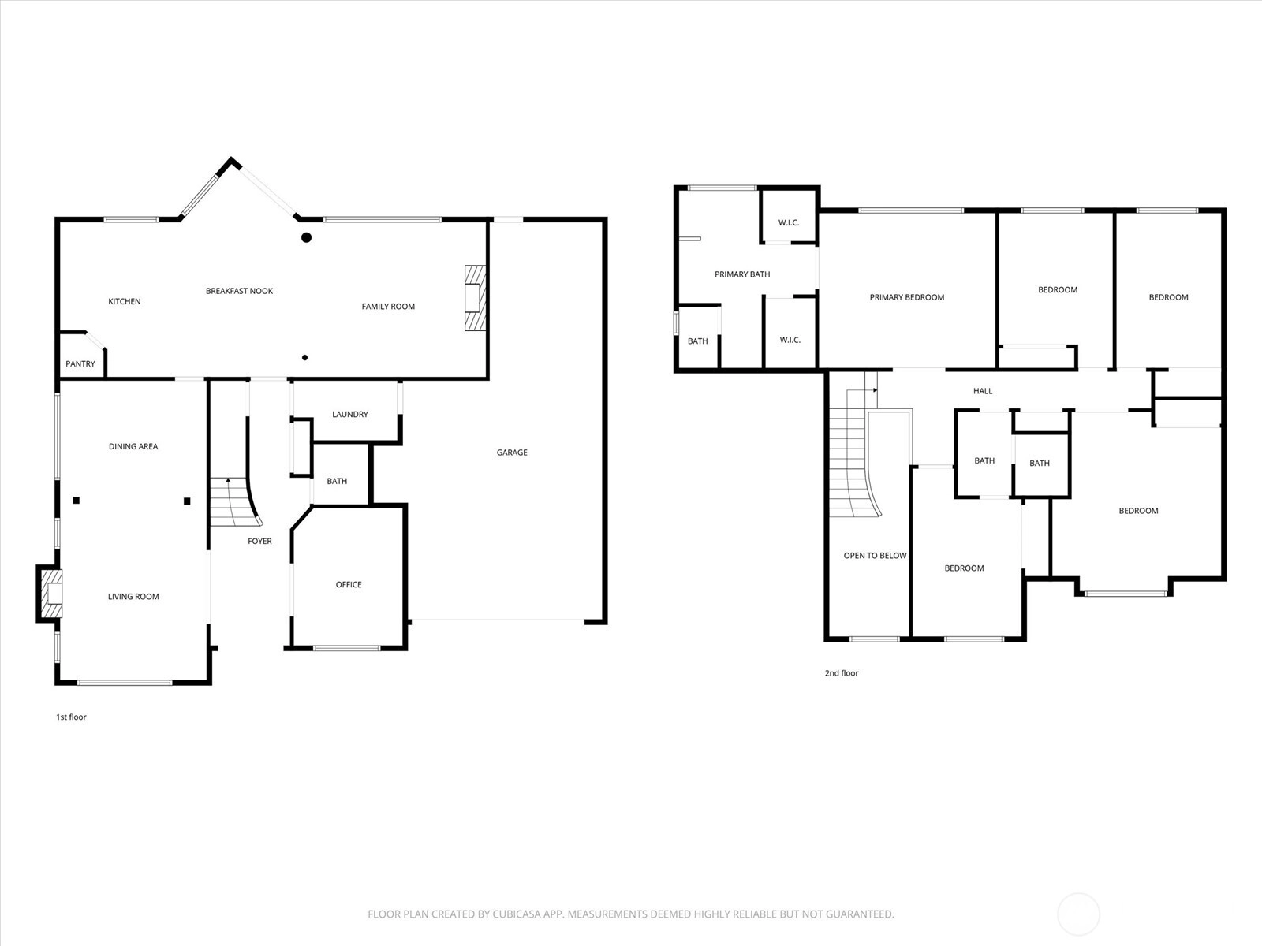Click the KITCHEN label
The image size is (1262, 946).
[x=124, y=302]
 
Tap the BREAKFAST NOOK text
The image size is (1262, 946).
[x=239, y=291]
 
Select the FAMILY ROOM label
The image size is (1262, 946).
[x=388, y=307]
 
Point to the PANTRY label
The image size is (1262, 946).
[x=80, y=364]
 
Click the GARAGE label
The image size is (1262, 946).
[x=512, y=453]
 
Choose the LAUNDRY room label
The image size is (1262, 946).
[x=350, y=414]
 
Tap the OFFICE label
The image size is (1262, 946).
[x=349, y=585]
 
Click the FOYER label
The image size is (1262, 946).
[x=259, y=541]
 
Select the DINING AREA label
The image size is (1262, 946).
[x=133, y=446]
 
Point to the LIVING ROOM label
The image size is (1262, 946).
[x=133, y=597]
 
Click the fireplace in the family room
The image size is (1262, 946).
[x=476, y=298]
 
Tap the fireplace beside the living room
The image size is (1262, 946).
[x=50, y=594]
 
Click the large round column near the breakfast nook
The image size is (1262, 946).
[x=307, y=237]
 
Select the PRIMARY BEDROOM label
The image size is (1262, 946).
[x=907, y=297]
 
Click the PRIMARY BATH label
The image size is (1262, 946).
[x=742, y=274]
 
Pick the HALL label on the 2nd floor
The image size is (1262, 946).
[x=983, y=391]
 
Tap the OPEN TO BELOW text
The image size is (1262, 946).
[x=875, y=556]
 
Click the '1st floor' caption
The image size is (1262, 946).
[x=71, y=717]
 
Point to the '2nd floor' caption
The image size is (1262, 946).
[x=842, y=673]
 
